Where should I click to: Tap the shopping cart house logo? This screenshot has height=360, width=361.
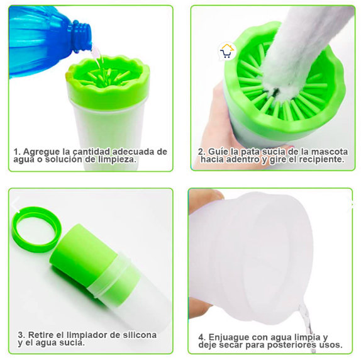[x=227, y=52]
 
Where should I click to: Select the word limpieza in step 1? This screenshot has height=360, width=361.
[x=118, y=159]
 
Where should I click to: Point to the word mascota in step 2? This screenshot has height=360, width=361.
[x=330, y=152]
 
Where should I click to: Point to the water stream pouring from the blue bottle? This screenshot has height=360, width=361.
[x=99, y=62]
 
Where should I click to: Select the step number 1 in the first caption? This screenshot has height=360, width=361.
[x=16, y=152]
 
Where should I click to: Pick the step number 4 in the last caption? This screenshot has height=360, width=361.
[x=202, y=337]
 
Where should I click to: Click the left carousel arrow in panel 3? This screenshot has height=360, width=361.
[x=16, y=205]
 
